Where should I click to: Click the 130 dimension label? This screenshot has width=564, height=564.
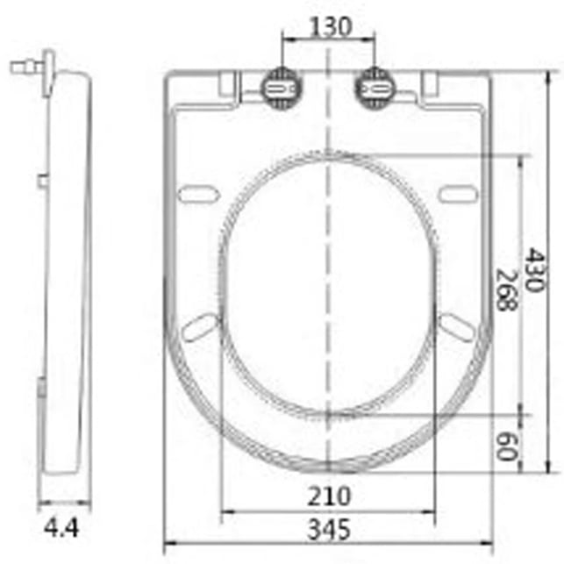point(330,27)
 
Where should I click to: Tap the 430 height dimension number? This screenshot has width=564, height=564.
point(535,269)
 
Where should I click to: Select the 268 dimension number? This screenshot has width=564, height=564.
point(506,289)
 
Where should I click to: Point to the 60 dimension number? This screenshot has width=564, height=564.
point(505,446)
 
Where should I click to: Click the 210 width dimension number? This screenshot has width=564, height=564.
point(329,496)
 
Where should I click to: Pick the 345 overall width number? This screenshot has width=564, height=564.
point(329,529)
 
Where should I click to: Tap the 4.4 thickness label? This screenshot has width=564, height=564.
point(61,528)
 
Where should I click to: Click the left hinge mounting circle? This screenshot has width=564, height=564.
point(282,88)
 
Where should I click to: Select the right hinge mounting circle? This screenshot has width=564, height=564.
point(375,88)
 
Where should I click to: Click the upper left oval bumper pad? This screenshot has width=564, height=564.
point(198,194)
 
